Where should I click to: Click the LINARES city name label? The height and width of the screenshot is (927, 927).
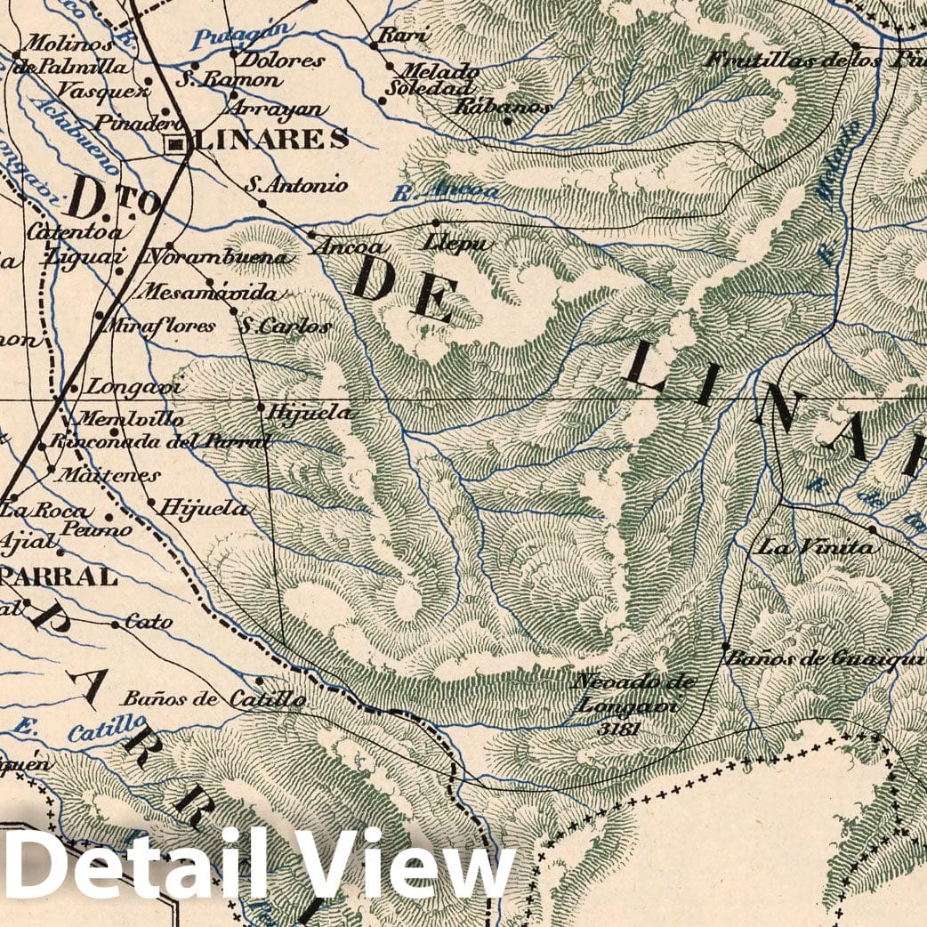(x=270, y=140)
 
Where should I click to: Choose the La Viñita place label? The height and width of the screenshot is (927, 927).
(x=814, y=547)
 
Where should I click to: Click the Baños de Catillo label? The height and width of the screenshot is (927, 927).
(x=214, y=699)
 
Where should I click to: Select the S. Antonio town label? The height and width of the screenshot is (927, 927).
(x=296, y=186)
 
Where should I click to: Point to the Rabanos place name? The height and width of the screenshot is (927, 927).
(x=503, y=106)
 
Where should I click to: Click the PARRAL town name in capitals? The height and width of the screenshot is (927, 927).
(x=59, y=576)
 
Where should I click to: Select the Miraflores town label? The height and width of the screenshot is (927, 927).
(x=160, y=326)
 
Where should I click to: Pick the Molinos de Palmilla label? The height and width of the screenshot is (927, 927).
(x=69, y=53)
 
